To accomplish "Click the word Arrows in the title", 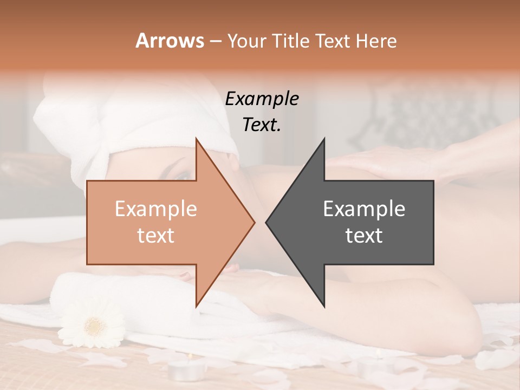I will (170, 41).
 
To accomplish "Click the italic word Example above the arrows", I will (262, 99).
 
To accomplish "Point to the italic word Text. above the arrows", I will (262, 125).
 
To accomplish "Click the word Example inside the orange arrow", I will (155, 209).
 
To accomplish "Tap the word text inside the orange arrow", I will (155, 235).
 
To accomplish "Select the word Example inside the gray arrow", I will (364, 209).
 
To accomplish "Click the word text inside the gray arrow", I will (364, 235).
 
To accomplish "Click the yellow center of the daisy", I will (95, 326).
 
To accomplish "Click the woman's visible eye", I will (184, 175).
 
